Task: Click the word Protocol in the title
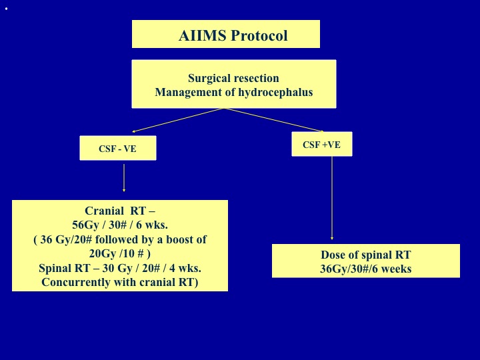point(259,35)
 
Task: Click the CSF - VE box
point(118,148)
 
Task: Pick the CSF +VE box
point(322,144)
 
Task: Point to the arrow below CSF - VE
point(124,178)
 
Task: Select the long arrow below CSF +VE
point(332,198)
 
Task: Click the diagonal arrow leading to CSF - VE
point(178,120)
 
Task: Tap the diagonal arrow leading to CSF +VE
point(274,120)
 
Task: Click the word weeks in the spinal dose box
point(397,269)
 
